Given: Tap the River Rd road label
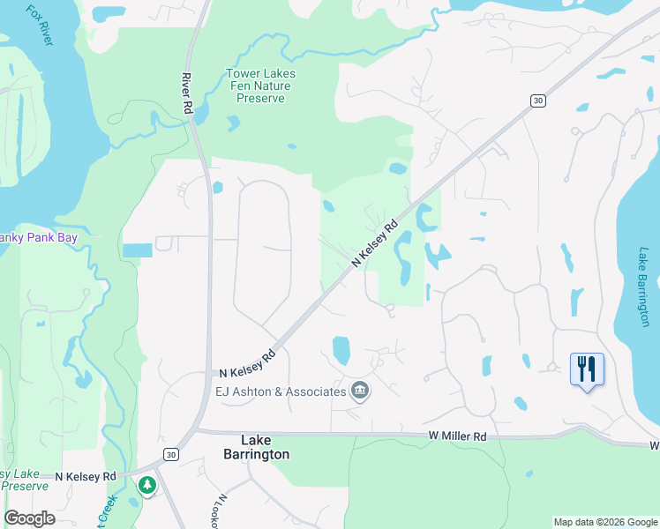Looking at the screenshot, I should (187, 92).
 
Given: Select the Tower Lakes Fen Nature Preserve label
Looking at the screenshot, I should (260, 86).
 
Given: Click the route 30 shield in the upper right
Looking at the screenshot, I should (537, 101).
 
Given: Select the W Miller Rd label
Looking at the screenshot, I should (458, 436).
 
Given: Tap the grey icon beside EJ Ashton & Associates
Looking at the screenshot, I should (359, 390).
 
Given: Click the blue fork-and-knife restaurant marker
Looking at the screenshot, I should (587, 368).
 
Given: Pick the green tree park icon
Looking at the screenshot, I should (147, 484).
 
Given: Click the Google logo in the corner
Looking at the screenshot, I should (30, 518).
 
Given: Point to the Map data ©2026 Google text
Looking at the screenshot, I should (605, 522).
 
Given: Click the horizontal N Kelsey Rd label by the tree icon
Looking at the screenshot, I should (85, 476).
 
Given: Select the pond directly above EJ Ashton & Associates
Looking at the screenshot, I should (341, 350).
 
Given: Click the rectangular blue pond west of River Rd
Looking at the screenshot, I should (138, 250).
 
